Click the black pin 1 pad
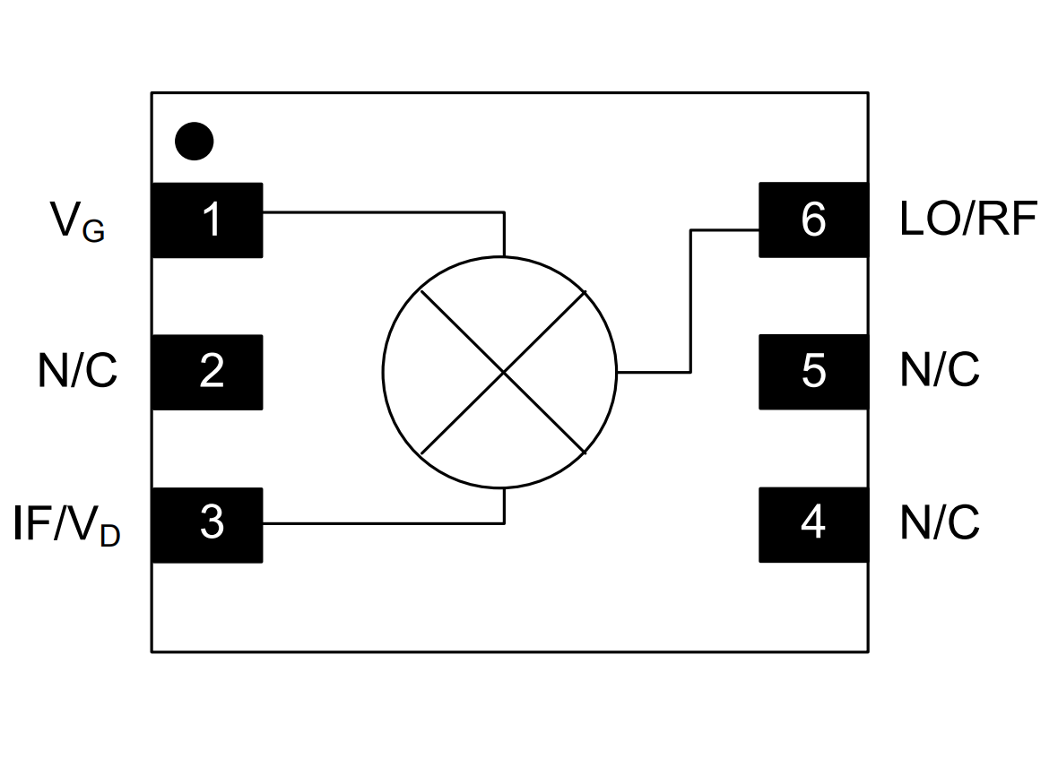pyautogui.click(x=207, y=220)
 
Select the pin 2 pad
pyautogui.click(x=207, y=372)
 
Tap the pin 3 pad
pyautogui.click(x=207, y=525)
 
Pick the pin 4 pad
pyautogui.click(x=814, y=525)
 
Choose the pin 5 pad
pyautogui.click(x=814, y=372)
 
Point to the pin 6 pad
pyautogui.click(x=814, y=220)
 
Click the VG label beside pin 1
pyautogui.click(x=77, y=221)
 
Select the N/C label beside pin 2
pyautogui.click(x=77, y=370)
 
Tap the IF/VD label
pyautogui.click(x=66, y=525)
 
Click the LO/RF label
pyautogui.click(x=968, y=219)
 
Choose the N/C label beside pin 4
pyautogui.click(x=940, y=522)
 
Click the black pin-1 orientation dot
pyautogui.click(x=195, y=141)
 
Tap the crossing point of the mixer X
pyautogui.click(x=503, y=372)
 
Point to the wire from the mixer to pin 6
pyautogui.click(x=690, y=300)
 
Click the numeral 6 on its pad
pyautogui.click(x=813, y=220)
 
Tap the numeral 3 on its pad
pyautogui.click(x=212, y=522)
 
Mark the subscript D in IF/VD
pyautogui.click(x=110, y=536)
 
